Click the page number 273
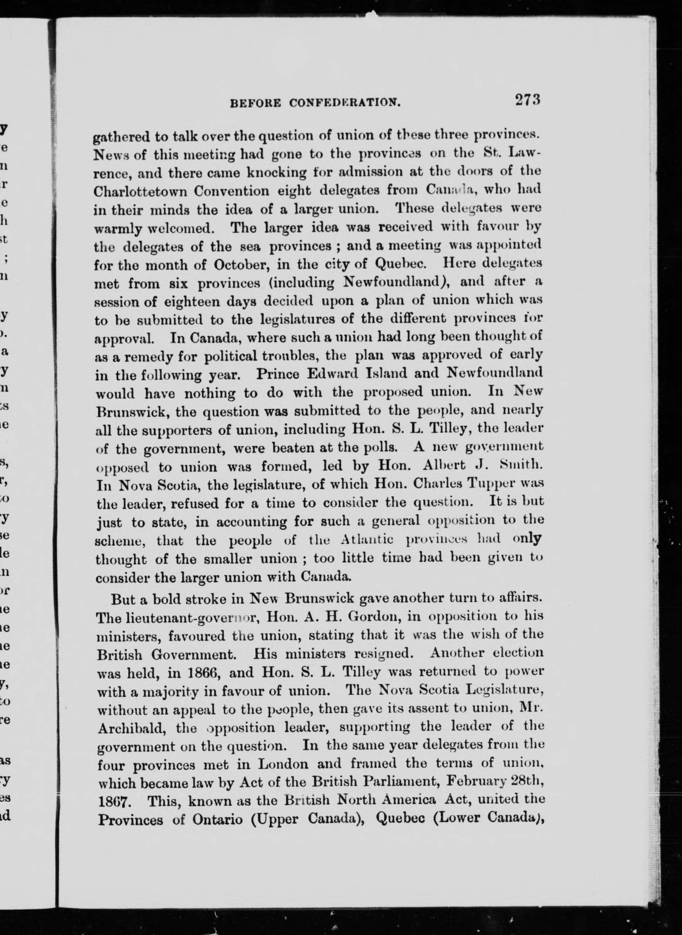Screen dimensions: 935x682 tap(527, 100)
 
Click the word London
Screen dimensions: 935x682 tap(283, 765)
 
